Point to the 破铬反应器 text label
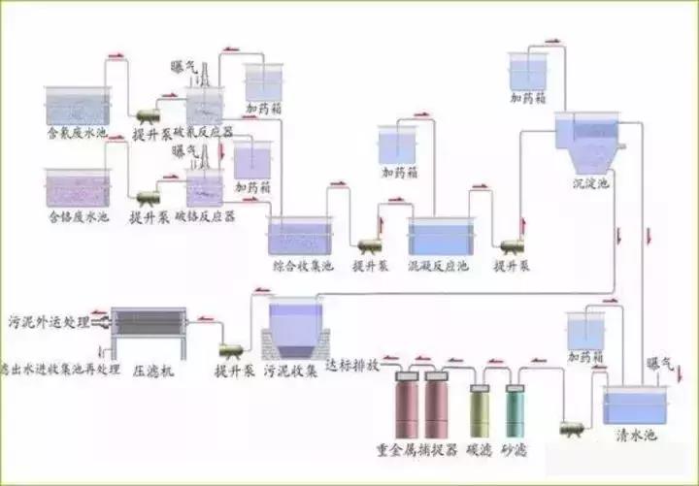click(206, 217)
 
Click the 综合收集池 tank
click(300, 236)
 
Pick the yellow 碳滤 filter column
click(480, 411)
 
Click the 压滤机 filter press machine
click(149, 333)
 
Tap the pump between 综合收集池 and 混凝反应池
click(370, 246)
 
